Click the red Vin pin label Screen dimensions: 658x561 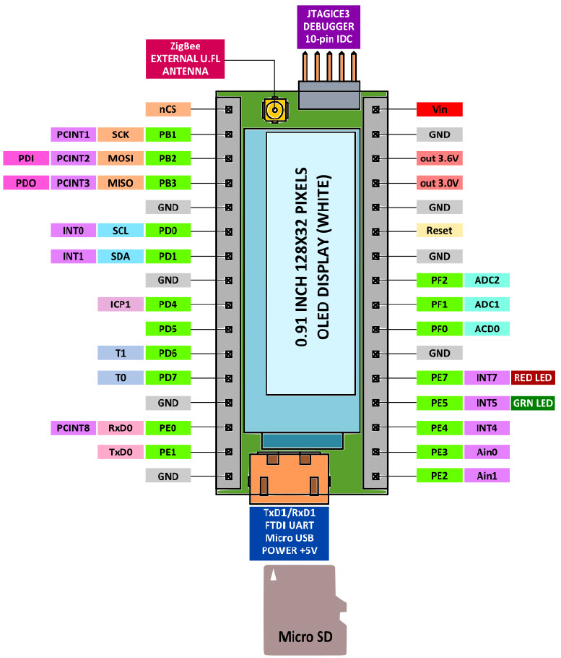pos(440,110)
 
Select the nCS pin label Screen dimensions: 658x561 pos(168,110)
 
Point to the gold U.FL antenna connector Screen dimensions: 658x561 pos(274,110)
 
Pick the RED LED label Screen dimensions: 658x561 pos(533,377)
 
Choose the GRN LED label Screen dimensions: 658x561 pos(533,403)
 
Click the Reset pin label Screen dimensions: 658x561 pos(440,231)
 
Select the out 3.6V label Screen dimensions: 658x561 pos(440,158)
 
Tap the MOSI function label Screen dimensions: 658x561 pos(119,158)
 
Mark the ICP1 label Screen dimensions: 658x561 pos(119,304)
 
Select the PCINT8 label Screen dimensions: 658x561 pos(73,427)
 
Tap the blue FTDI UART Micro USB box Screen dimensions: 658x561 pos(290,534)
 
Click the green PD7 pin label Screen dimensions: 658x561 pos(168,377)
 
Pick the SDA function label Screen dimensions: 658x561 pos(119,256)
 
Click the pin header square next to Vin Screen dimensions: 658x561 pos(375,110)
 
